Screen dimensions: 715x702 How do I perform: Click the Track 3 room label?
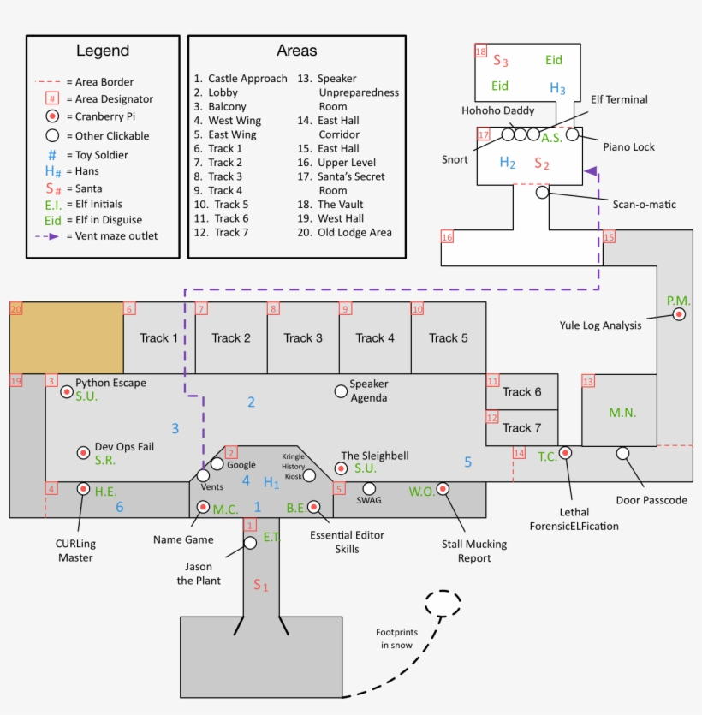(x=303, y=337)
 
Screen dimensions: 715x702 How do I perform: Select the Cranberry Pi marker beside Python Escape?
(x=67, y=391)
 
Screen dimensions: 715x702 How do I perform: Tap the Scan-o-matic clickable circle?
(x=542, y=194)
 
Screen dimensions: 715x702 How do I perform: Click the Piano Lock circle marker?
(x=572, y=134)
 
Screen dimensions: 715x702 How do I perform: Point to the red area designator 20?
(x=15, y=309)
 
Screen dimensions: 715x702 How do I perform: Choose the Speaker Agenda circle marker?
(x=341, y=390)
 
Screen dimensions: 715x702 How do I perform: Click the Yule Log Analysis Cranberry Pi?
(x=679, y=315)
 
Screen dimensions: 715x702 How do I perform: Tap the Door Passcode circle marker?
(x=622, y=452)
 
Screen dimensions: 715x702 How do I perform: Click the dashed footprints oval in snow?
(x=443, y=603)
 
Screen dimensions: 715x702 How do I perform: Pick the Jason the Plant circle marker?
(x=250, y=543)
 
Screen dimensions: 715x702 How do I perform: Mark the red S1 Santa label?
(x=260, y=586)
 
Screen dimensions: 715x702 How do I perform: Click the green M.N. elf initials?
(x=622, y=413)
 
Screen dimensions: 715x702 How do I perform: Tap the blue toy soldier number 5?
(x=467, y=462)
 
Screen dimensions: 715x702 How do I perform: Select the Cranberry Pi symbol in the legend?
(x=52, y=117)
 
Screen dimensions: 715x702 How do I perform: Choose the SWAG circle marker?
(x=369, y=488)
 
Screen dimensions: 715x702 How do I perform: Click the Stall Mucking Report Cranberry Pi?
(x=443, y=489)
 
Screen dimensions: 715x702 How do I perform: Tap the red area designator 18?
(x=480, y=51)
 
